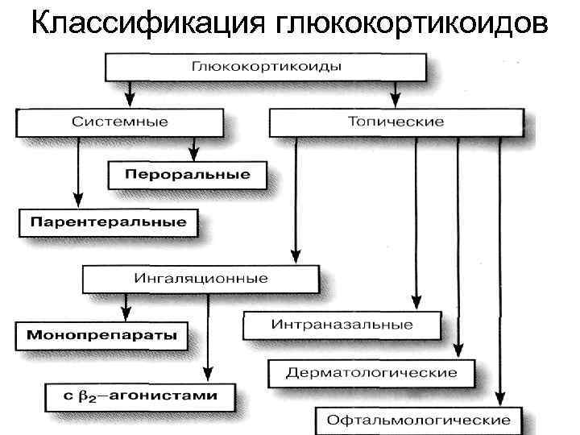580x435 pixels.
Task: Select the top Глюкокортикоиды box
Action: pos(266,66)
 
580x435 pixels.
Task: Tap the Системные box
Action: pos(119,122)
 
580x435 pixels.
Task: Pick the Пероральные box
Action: pos(187,175)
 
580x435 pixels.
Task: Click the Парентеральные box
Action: pos(107,222)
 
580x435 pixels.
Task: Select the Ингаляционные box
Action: pos(201,279)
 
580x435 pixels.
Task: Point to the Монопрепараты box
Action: pos(101,335)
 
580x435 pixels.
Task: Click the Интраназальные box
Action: pos(342,325)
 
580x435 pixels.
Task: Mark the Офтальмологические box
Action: pos(416,420)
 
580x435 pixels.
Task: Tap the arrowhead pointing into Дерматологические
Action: pos(458,349)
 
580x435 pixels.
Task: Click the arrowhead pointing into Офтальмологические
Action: pos(500,397)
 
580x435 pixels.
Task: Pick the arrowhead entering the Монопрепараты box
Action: pos(124,313)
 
